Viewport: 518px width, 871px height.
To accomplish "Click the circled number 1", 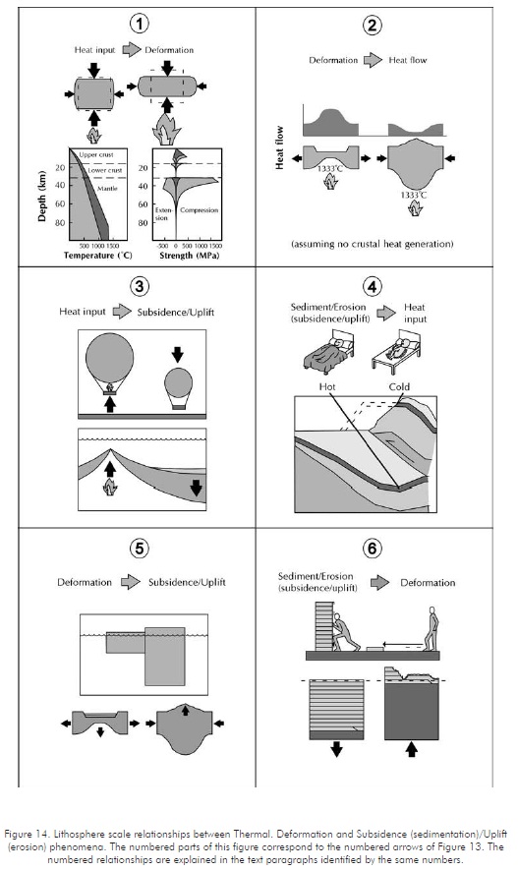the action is point(139,24).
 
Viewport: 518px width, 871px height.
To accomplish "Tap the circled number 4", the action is point(372,287).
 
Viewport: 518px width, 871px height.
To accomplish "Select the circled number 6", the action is point(372,549).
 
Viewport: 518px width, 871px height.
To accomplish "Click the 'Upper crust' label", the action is point(96,154).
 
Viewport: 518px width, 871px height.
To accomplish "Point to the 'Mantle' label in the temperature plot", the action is point(107,189).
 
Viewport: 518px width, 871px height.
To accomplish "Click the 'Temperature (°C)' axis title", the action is point(97,256).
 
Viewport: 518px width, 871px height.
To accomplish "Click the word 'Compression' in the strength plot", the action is point(199,210).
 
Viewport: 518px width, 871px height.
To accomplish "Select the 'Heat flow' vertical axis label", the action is point(279,147).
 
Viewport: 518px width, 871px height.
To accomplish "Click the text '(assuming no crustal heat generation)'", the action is point(372,244).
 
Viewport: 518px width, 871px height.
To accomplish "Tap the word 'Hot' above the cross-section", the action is point(327,386).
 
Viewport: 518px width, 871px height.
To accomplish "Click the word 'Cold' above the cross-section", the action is point(399,386).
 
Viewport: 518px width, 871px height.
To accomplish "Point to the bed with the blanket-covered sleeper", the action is point(328,352).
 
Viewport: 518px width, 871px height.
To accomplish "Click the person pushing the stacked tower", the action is point(346,633).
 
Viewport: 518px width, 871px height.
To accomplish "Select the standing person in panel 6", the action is point(431,628).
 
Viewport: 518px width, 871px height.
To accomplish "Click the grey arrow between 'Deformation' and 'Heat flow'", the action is point(374,60).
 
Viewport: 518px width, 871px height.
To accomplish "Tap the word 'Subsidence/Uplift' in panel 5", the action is point(187,582).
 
